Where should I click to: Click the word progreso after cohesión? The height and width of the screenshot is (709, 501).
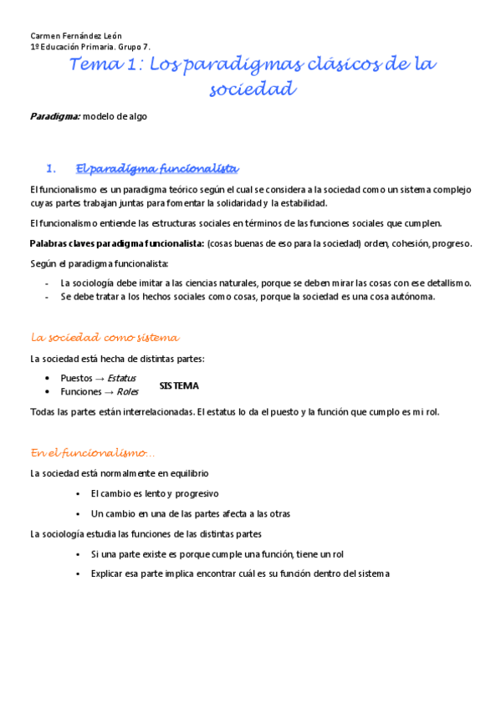[x=451, y=243]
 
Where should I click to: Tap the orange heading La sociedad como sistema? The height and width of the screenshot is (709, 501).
[x=105, y=338]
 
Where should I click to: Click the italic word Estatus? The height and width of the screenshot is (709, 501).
[x=122, y=378]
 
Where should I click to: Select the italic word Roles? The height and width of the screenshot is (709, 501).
[x=128, y=391]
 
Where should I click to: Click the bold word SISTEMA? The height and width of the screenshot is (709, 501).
[x=179, y=385]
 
